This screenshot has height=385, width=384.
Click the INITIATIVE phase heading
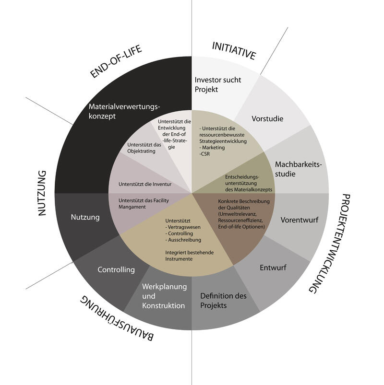(234, 51)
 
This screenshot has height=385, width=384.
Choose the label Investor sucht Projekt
(217, 84)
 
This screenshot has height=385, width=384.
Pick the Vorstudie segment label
(267, 118)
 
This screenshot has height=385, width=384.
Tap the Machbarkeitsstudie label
(298, 169)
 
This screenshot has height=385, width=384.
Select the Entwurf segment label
(273, 268)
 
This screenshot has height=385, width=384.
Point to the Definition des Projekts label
(223, 301)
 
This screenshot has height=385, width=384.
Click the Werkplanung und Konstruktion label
(163, 296)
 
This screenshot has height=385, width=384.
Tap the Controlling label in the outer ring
(116, 269)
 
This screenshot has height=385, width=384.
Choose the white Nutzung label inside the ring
(85, 217)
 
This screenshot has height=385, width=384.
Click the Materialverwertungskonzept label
(123, 111)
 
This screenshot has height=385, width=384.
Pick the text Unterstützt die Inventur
(145, 184)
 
